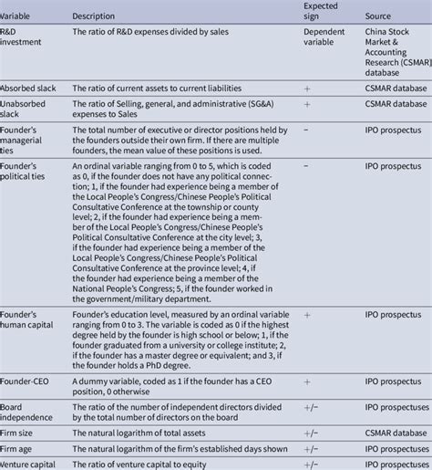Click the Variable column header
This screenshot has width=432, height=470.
pyautogui.click(x=17, y=17)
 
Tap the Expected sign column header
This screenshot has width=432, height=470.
pyautogui.click(x=320, y=12)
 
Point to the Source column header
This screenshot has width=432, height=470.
pyautogui.click(x=377, y=17)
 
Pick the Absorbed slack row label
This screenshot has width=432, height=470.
pyautogui.click(x=28, y=88)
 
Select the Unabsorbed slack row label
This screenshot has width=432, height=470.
pyautogui.click(x=24, y=110)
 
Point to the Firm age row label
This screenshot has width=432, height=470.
pyautogui.click(x=19, y=449)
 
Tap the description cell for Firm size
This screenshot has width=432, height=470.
pyautogui.click(x=145, y=432)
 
